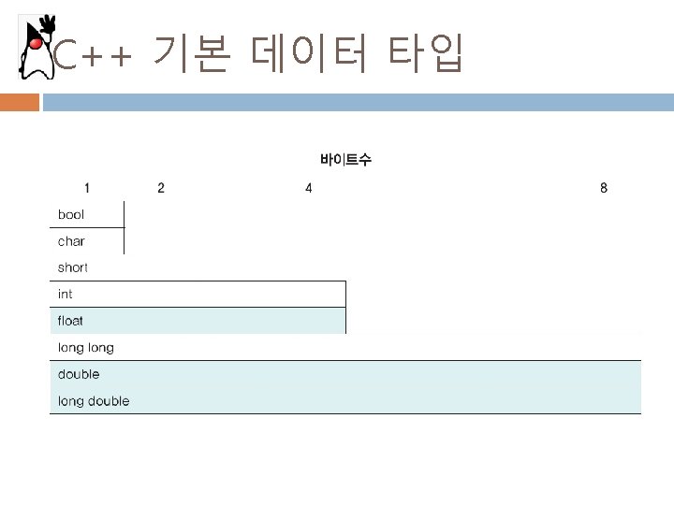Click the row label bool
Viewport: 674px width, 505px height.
pyautogui.click(x=71, y=215)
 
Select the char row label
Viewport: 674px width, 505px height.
pyautogui.click(x=71, y=241)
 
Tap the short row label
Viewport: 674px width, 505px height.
pyautogui.click(x=73, y=267)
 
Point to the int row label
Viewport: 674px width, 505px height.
pyautogui.click(x=66, y=294)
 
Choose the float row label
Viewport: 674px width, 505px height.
pyautogui.click(x=71, y=321)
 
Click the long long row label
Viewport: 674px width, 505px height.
pyautogui.click(x=86, y=348)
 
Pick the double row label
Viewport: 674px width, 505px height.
pyautogui.click(x=79, y=374)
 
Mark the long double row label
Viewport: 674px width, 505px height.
pyautogui.click(x=94, y=401)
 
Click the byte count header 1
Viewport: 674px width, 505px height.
pyautogui.click(x=87, y=188)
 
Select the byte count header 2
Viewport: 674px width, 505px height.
pyautogui.click(x=161, y=188)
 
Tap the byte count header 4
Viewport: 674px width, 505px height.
pyautogui.click(x=309, y=188)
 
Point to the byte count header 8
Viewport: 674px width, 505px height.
pyautogui.click(x=604, y=188)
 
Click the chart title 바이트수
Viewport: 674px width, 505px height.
pyautogui.click(x=345, y=160)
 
